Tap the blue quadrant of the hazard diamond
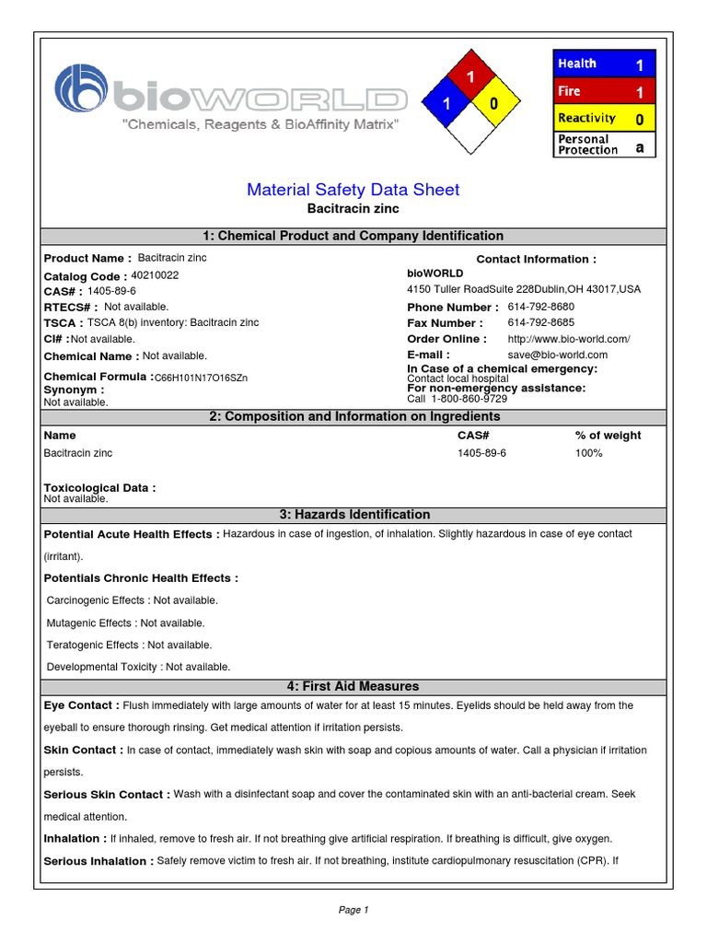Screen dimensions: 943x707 click(x=445, y=104)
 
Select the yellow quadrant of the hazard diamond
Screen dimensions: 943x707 click(x=493, y=104)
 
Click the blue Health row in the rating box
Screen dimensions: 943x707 click(x=604, y=64)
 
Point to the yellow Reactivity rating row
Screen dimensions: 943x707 click(x=604, y=118)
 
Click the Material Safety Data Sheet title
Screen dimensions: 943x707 click(x=353, y=190)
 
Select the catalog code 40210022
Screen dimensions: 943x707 click(x=155, y=274)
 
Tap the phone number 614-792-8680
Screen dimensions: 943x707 click(x=540, y=307)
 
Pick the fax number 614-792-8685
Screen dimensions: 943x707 click(x=540, y=322)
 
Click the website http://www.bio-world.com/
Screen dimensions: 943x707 click(x=568, y=339)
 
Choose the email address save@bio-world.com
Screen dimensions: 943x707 click(x=557, y=355)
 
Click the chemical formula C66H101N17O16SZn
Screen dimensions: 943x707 click(x=201, y=378)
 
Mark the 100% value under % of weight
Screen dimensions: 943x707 click(x=588, y=453)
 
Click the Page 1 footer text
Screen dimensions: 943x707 click(x=353, y=910)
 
